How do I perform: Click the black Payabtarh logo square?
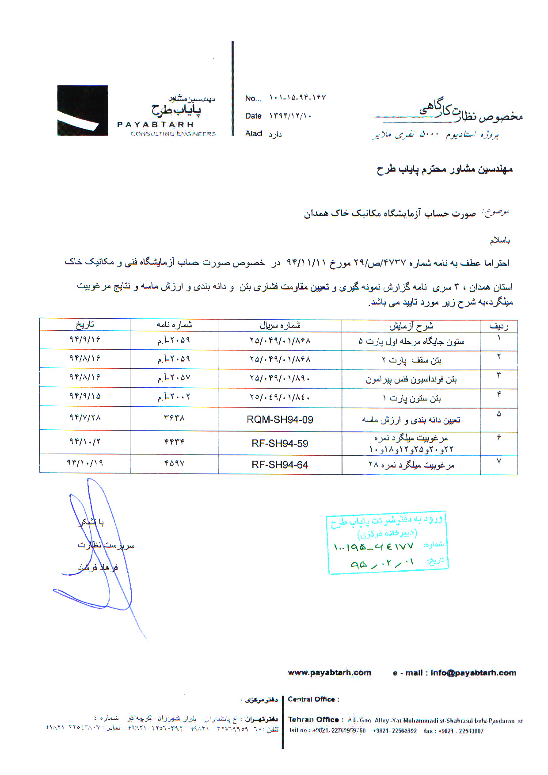tap(83, 110)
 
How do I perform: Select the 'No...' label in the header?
tap(253, 98)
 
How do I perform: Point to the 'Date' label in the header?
tap(253, 116)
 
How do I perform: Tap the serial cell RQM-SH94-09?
tap(280, 420)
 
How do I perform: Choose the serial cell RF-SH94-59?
tap(280, 443)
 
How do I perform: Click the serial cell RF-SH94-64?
tap(280, 465)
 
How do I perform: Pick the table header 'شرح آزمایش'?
tap(411, 326)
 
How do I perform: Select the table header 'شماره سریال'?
tap(280, 325)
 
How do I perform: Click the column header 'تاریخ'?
tap(84, 325)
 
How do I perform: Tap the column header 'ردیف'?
tap(499, 326)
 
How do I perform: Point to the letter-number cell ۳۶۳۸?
tap(174, 418)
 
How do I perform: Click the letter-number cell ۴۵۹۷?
tap(174, 463)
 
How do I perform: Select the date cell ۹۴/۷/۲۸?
tap(84, 417)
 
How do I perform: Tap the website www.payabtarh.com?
tap(329, 672)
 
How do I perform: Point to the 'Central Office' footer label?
tap(313, 699)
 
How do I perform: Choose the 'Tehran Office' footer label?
tap(313, 719)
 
